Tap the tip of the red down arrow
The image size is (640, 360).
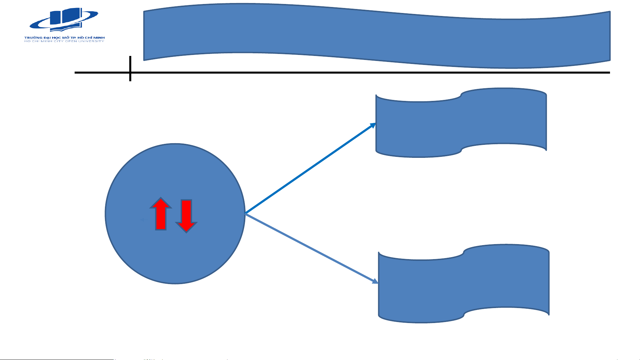click(186, 232)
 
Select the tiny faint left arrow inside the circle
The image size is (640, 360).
click(144, 220)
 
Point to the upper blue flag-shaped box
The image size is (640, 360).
click(461, 123)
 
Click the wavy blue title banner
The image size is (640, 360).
click(376, 36)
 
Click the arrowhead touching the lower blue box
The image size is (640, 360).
click(375, 281)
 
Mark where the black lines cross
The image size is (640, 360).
click(130, 72)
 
